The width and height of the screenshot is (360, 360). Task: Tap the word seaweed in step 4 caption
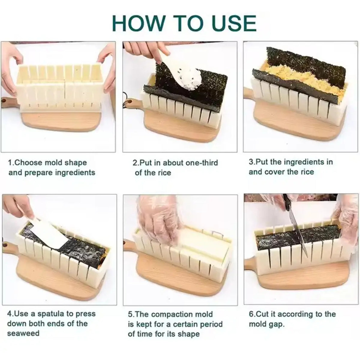point(23,333)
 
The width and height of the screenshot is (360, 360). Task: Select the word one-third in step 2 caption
point(201,163)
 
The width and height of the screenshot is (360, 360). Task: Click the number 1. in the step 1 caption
point(11,163)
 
